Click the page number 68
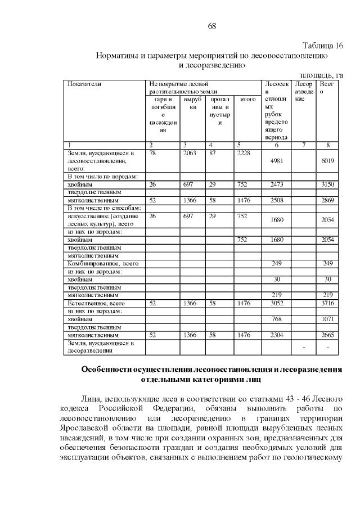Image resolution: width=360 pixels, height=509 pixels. (211, 26)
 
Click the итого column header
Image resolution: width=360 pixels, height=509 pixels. (248, 100)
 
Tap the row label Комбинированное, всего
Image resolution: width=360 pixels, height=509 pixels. (103, 263)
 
